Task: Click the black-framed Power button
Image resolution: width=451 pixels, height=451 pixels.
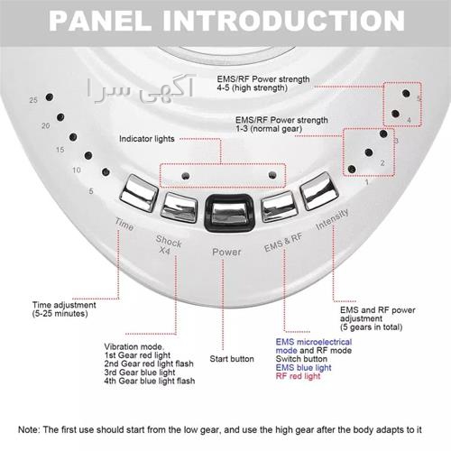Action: point(228,213)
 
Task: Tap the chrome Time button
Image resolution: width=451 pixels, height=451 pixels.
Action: point(139,193)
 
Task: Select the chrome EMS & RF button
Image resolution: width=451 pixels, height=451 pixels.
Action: point(279,206)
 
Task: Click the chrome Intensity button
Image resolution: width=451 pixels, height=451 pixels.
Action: point(319,190)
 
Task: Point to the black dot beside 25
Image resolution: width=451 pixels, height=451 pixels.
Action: point(50,97)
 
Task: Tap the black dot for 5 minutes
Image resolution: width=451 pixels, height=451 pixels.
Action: point(106,172)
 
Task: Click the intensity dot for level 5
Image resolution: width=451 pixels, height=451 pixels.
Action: point(406,93)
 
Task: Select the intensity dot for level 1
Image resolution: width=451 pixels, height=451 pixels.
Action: point(352,169)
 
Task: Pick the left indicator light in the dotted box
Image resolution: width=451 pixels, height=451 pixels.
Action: point(186,176)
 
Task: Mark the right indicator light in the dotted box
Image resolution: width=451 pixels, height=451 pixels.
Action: point(272,175)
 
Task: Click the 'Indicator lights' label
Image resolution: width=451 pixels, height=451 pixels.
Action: point(147,139)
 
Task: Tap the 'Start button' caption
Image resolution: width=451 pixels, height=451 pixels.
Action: point(232,359)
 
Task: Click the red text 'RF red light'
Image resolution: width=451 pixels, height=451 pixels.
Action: point(298,376)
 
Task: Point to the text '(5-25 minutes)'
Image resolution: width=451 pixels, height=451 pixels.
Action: point(60,314)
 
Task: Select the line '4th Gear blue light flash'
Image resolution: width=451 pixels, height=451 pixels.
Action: point(150,381)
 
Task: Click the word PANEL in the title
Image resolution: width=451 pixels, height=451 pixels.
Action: point(100,21)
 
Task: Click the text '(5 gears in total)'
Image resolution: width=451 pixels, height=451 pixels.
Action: point(372,327)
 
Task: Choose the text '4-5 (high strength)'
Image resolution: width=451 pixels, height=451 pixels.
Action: point(253,87)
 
